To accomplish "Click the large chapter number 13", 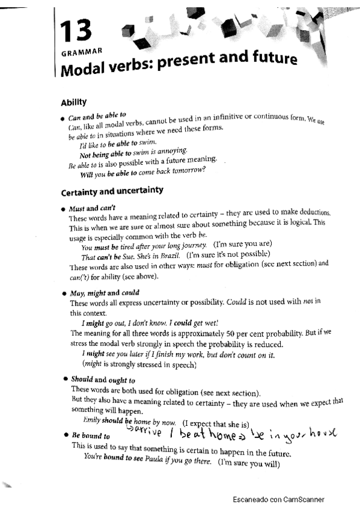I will (76, 29).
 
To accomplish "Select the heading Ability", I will (74, 102).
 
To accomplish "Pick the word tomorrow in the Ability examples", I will (186, 170).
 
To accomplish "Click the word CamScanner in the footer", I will (301, 499).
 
